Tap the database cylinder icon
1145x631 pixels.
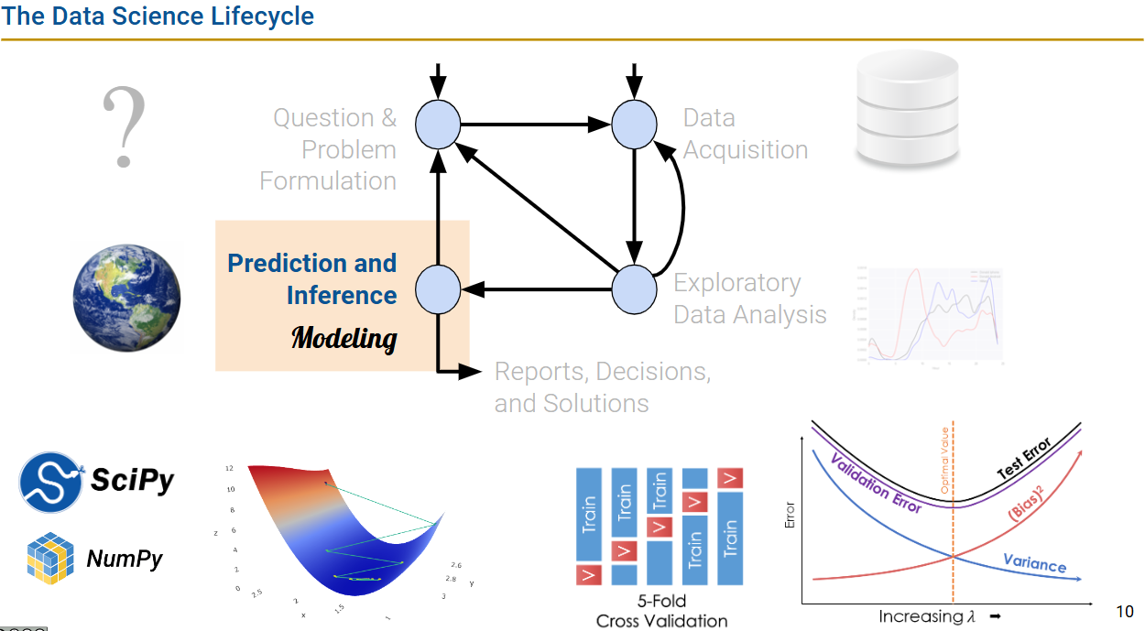click(907, 108)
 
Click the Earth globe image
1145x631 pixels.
click(127, 298)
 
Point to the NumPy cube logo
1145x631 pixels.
click(50, 559)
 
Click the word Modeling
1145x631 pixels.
click(343, 338)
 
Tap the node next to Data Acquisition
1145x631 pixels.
click(634, 125)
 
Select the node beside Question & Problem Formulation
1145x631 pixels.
click(438, 125)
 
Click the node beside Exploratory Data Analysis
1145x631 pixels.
click(634, 289)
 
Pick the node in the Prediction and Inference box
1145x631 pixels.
click(438, 289)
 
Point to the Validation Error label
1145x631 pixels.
click(876, 483)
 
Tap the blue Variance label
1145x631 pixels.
click(1034, 562)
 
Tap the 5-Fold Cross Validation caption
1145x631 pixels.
click(661, 612)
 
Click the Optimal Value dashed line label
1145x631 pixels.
click(945, 462)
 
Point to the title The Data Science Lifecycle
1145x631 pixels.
click(158, 16)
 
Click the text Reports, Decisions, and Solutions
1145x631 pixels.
click(602, 387)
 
